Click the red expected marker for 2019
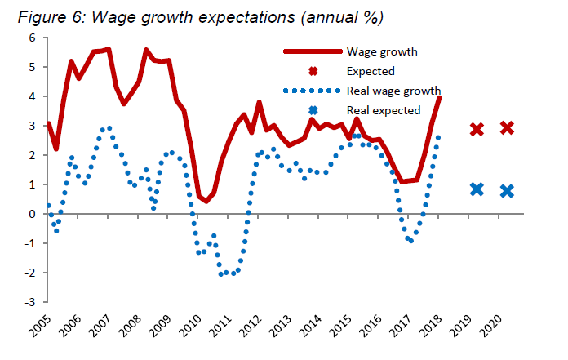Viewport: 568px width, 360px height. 477,129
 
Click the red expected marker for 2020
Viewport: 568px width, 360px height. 507,127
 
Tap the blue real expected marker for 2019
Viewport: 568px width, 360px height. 477,189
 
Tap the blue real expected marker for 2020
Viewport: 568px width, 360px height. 507,191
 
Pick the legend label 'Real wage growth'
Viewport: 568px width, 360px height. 394,90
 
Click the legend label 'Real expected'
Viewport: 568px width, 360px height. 384,109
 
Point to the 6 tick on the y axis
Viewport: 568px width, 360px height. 33,38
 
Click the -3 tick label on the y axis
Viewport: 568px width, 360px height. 31,302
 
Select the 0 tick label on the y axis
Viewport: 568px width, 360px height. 33,214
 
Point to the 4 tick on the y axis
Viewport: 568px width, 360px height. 33,96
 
